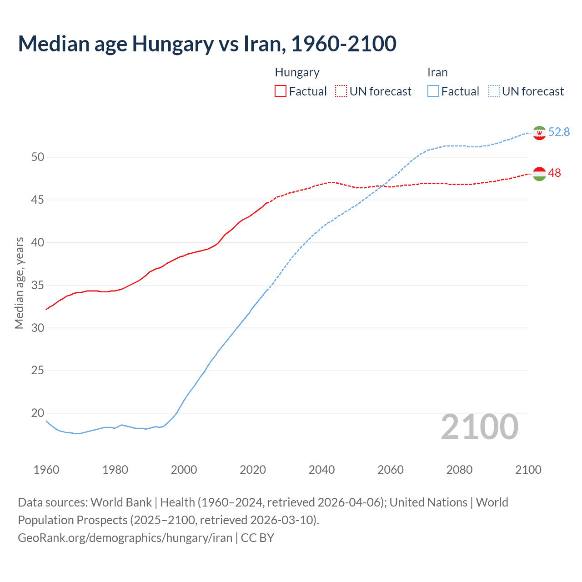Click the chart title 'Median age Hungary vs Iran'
point(207,44)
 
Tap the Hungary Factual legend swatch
point(281,91)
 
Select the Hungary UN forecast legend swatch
point(341,91)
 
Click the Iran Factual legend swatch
point(433,91)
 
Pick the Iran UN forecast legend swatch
point(493,91)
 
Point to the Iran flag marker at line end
point(539,133)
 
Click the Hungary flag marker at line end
point(539,174)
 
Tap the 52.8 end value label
point(559,132)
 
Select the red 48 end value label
point(554,173)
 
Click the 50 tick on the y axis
point(38,157)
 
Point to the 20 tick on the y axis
point(38,413)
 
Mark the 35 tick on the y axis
point(38,285)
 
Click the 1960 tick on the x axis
point(46,470)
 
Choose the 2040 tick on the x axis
point(321,470)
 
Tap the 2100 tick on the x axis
point(528,470)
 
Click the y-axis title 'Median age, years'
point(19,283)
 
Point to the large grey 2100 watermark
point(479,426)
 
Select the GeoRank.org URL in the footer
point(125,538)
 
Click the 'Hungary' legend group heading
point(297,72)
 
